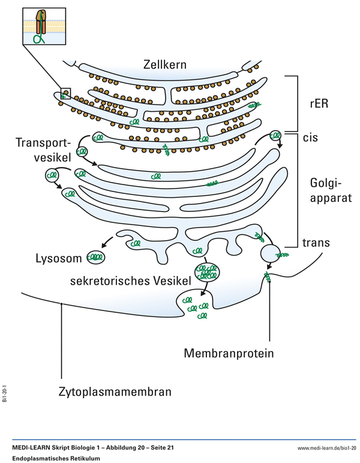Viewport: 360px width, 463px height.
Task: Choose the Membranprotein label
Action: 229,353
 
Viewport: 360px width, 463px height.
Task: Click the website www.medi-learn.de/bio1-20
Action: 327,448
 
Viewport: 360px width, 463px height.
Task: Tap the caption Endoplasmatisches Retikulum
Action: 56,458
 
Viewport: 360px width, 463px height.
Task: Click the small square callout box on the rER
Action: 65,93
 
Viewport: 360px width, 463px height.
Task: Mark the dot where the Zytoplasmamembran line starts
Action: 62,304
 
